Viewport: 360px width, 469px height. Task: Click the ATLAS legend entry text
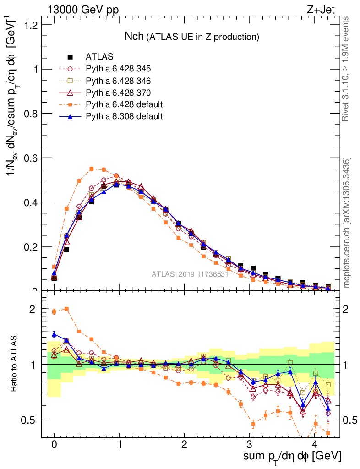99,57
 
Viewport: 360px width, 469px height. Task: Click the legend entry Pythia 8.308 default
124,116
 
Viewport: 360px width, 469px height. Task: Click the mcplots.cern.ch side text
347,223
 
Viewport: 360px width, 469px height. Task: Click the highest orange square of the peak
92,169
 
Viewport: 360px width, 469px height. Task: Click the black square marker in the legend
70,57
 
